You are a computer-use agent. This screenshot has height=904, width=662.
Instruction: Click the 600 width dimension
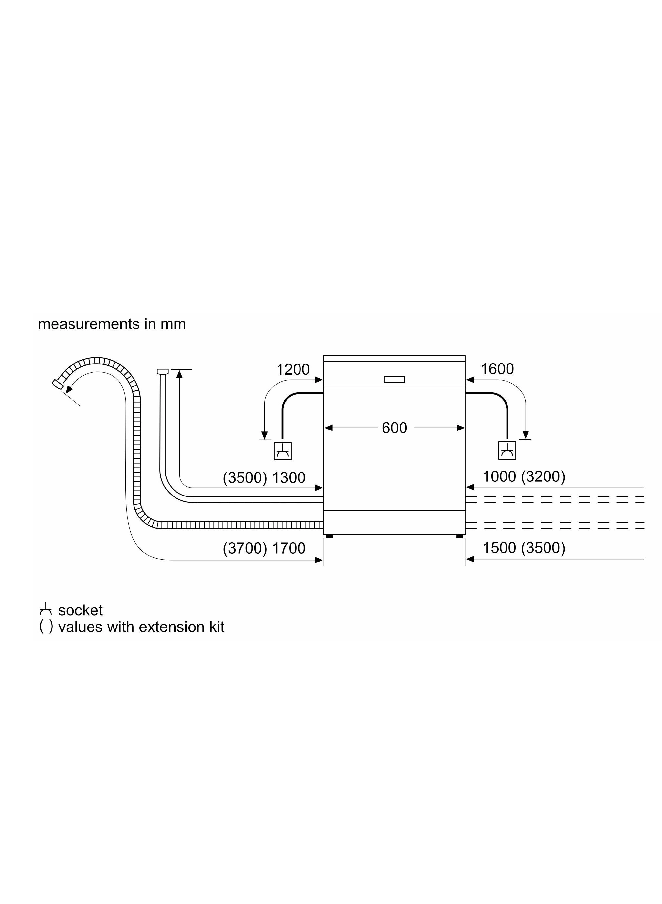tap(394, 428)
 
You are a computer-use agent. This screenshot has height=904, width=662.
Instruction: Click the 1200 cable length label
tap(293, 369)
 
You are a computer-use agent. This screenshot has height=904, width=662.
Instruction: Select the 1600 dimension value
tap(497, 369)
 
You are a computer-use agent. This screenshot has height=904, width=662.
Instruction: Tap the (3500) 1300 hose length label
tap(264, 478)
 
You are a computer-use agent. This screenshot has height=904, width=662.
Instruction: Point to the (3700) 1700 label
tap(264, 548)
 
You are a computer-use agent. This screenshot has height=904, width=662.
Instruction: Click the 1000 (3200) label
tap(524, 476)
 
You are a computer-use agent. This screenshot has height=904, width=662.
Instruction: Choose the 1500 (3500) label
tap(524, 548)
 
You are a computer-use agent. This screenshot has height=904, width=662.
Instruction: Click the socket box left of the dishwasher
tap(282, 451)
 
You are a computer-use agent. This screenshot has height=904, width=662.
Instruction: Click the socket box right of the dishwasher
tap(507, 451)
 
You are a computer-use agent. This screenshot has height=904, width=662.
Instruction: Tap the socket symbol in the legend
tap(45, 610)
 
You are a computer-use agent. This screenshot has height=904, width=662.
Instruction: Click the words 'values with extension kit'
tap(141, 627)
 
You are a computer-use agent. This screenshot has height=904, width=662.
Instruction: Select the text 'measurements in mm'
tap(112, 324)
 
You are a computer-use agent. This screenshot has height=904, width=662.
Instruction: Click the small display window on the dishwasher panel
tap(394, 379)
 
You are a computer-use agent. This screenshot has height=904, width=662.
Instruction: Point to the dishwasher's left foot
tap(329, 536)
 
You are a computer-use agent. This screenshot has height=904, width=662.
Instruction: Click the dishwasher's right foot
tap(460, 536)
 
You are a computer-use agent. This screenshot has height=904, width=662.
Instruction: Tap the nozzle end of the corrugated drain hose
tap(58, 384)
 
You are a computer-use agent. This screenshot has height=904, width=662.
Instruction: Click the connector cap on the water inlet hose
tap(162, 371)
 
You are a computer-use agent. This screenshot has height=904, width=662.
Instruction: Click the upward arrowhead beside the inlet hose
tap(179, 374)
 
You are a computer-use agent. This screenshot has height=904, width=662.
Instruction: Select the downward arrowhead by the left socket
tap(264, 435)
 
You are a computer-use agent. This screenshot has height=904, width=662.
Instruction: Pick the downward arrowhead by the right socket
tap(526, 435)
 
